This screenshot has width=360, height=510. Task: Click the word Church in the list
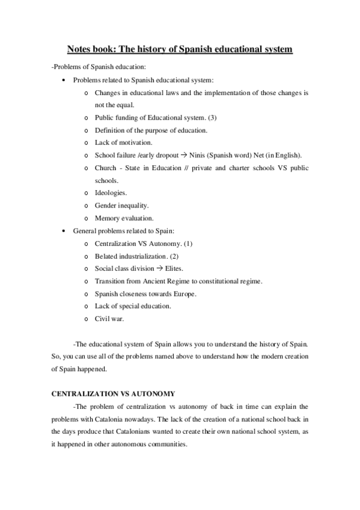(x=106, y=168)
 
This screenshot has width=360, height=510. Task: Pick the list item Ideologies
(x=111, y=193)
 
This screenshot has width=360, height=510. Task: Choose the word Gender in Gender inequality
(x=106, y=206)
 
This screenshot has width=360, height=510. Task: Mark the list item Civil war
(x=109, y=319)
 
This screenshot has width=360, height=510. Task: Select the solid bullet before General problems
(x=64, y=231)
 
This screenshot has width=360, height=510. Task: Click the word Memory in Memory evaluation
(x=108, y=218)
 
